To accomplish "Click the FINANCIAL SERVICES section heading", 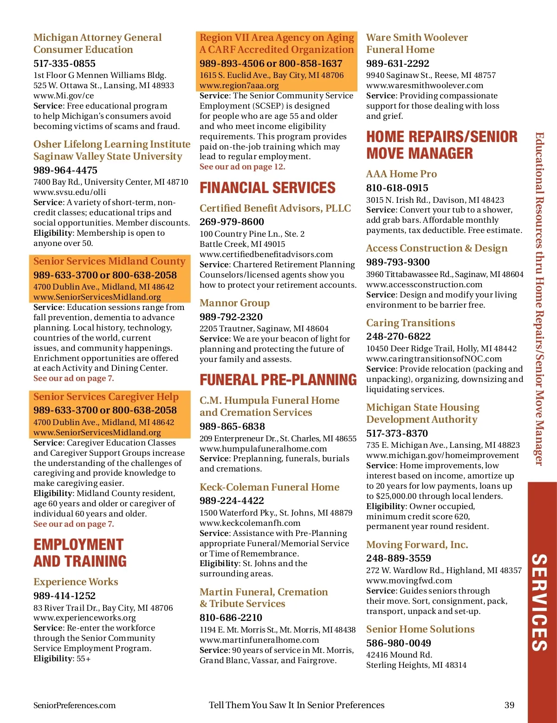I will coord(267,188).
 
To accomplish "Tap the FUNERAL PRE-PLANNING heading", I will coord(278,380).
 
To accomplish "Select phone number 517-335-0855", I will coord(65,64).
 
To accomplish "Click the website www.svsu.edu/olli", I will coord(70,192).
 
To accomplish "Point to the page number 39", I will coord(509,705).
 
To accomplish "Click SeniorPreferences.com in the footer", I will coord(74,705).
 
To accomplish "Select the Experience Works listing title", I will coord(76,582).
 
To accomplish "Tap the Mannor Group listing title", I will coord(234,303).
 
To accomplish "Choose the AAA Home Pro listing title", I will coord(402,174).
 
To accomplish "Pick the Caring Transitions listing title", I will coord(410,323).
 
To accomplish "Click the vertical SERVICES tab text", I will coord(539,602).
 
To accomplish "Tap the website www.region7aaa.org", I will coord(239,85).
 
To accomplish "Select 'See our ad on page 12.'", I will coord(242,167).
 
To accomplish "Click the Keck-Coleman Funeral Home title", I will coord(269,487).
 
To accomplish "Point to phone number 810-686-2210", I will coord(231,618).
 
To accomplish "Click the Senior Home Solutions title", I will coord(420,629).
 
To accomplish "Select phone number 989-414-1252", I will coord(65,596).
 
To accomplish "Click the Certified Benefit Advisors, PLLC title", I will coord(275,208).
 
